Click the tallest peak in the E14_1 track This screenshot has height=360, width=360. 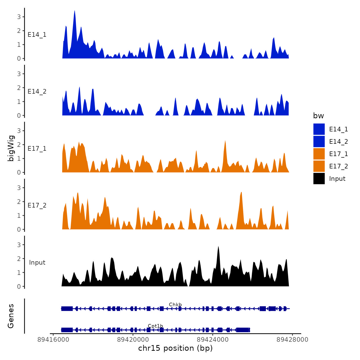point(74,12)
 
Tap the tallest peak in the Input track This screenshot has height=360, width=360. point(218,247)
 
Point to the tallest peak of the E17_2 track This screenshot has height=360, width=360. point(241,193)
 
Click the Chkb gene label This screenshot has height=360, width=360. point(175,304)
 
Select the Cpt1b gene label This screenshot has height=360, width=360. point(155,326)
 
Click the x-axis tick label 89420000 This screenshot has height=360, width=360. point(133,339)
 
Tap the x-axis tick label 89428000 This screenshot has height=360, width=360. point(292,339)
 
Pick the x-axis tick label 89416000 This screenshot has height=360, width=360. point(53,339)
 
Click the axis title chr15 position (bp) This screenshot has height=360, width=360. point(175,348)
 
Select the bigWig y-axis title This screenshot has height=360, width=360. point(11,148)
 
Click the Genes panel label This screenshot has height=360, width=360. point(11,316)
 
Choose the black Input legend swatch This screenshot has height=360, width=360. point(319,178)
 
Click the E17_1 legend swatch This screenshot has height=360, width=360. point(319,154)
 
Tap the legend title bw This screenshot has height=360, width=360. point(318,116)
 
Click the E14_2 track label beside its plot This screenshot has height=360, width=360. point(37,92)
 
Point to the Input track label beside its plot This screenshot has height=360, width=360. point(37,262)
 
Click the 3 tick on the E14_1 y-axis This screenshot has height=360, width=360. point(19,17)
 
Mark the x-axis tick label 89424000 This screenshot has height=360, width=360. point(213,339)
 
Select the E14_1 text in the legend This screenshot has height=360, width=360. point(338,129)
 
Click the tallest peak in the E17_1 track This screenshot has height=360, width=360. point(225,141)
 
